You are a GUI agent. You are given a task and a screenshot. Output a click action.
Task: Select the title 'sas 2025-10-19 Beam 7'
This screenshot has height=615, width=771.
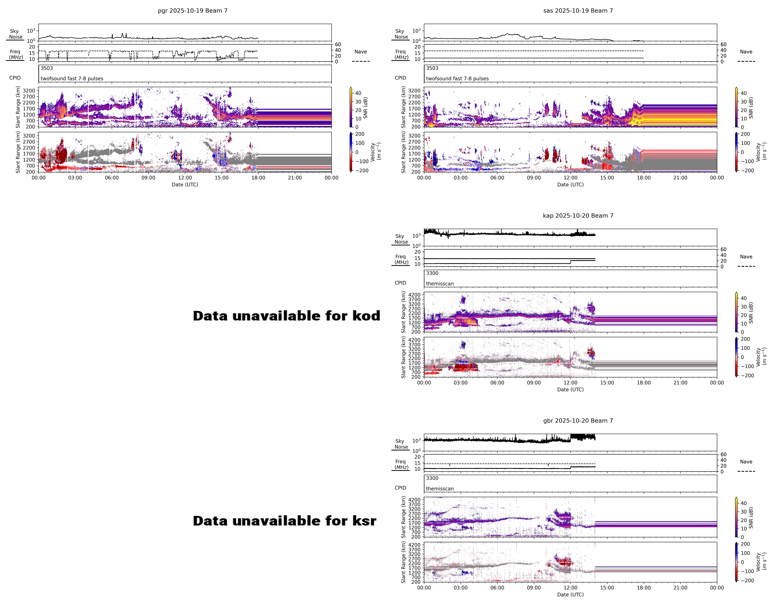[578, 11]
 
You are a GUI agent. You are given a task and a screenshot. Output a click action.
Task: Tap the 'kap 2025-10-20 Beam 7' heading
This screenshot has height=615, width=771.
[578, 216]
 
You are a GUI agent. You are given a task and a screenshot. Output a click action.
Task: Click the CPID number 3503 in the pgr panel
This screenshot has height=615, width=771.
[46, 68]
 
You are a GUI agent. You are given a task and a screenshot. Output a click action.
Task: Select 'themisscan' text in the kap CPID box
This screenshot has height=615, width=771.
[440, 283]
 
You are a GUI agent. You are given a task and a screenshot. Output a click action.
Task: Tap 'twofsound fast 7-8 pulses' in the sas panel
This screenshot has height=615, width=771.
[457, 79]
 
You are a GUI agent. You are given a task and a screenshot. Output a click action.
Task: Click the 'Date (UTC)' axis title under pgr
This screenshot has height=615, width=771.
[185, 185]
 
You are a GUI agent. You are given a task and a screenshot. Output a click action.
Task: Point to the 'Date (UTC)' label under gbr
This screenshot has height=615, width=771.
[570, 595]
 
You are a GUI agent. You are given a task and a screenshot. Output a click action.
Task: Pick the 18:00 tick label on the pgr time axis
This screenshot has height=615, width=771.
[258, 178]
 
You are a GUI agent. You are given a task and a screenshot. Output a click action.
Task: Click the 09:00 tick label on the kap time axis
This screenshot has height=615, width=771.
[534, 383]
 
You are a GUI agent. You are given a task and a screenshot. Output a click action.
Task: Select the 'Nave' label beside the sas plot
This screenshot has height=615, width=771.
[746, 52]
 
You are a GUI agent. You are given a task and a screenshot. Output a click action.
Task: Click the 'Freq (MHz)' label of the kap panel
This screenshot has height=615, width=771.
[401, 259]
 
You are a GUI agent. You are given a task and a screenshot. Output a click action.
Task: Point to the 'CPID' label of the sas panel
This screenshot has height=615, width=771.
[401, 78]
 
